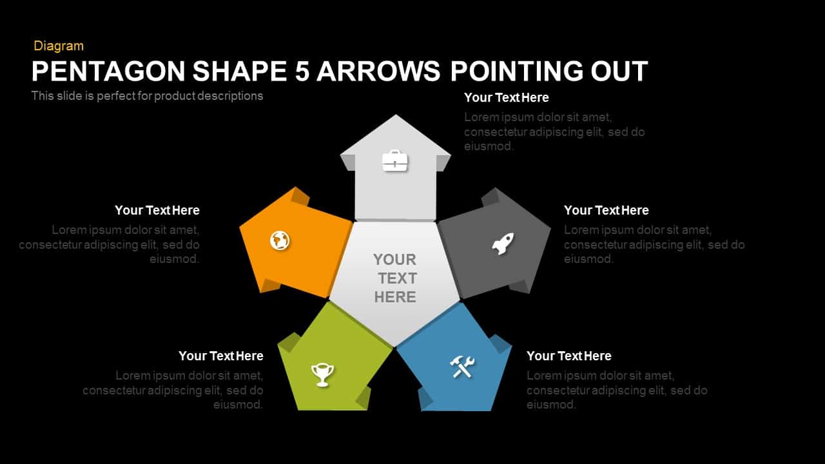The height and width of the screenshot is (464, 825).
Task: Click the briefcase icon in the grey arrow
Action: tap(395, 160)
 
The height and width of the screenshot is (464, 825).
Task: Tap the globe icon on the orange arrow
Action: tap(280, 240)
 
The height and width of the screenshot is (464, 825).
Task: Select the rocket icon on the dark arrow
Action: tap(503, 244)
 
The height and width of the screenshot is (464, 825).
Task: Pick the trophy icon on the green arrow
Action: tap(322, 375)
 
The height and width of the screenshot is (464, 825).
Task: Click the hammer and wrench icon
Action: tap(462, 367)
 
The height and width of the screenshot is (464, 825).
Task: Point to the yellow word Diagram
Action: tap(59, 46)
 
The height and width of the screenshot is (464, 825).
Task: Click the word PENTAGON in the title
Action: tap(108, 71)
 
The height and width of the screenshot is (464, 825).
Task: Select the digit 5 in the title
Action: tap(302, 71)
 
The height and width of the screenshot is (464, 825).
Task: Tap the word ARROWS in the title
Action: tap(378, 71)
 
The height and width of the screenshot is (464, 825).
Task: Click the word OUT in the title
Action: tap(619, 71)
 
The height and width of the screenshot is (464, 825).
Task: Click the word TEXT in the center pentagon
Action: tap(398, 278)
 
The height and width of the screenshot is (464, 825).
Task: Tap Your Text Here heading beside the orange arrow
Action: tap(157, 210)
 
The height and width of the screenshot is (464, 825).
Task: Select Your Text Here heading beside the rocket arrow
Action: tap(607, 210)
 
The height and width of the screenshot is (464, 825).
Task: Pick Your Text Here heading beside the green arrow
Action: tap(221, 356)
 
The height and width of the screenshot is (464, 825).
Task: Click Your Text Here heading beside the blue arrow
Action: tap(569, 356)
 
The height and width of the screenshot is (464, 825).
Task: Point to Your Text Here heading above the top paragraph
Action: tap(507, 97)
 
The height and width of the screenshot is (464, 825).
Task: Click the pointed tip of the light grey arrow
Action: tap(396, 115)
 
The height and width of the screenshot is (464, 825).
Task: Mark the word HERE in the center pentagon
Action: tap(395, 297)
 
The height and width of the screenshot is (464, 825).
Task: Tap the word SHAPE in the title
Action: tap(239, 71)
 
